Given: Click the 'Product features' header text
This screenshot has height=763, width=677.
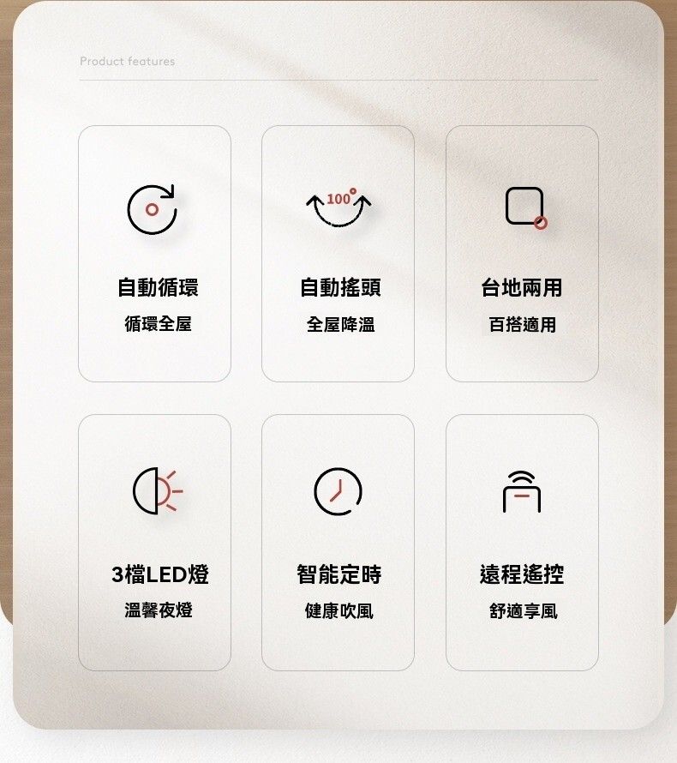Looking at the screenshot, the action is click(x=128, y=62).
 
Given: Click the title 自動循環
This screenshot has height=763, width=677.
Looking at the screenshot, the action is click(x=158, y=287).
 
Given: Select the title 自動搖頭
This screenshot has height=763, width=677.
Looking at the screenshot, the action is click(x=340, y=287).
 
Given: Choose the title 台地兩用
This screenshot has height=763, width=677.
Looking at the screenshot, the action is click(x=522, y=287).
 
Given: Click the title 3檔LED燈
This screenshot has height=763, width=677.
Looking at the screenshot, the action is click(x=160, y=574).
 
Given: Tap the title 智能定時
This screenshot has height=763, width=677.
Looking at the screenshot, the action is click(x=339, y=574).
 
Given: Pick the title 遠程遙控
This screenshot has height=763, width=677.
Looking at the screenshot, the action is click(x=522, y=574).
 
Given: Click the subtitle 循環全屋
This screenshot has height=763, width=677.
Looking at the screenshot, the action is click(x=158, y=323).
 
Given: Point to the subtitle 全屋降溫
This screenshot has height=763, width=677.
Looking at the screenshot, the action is click(x=340, y=324).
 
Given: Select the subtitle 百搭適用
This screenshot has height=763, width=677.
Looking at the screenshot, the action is click(x=523, y=324).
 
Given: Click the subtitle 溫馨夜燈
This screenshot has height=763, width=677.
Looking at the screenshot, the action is click(x=159, y=610).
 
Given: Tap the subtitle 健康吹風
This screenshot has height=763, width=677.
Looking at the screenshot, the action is click(x=339, y=610).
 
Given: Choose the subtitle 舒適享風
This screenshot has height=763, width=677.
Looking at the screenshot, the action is click(x=524, y=610).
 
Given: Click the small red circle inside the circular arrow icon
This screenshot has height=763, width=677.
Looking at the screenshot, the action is click(x=152, y=210).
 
